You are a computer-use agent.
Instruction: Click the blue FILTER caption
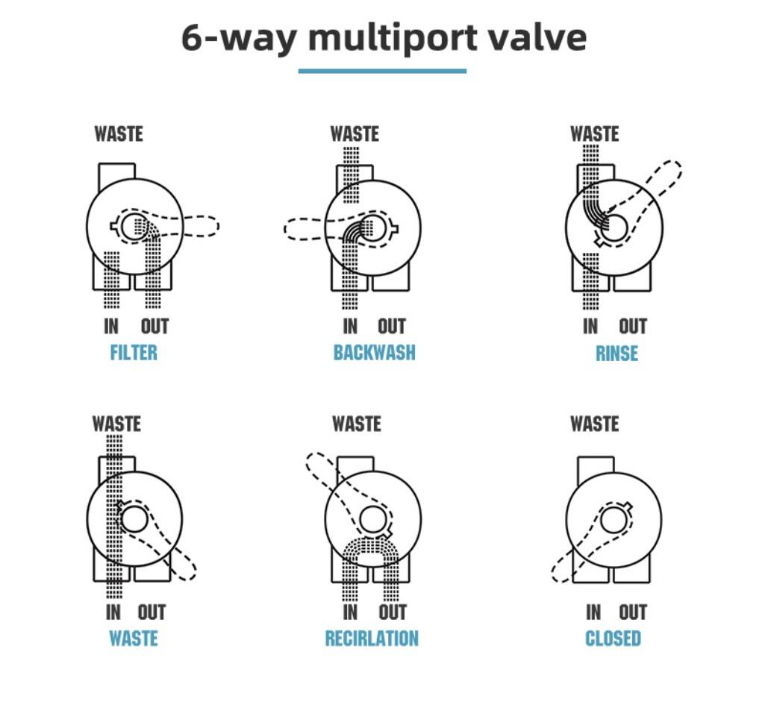tap(134, 353)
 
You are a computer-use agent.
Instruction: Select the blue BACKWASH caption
tap(374, 353)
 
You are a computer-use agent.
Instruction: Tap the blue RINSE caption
tap(616, 354)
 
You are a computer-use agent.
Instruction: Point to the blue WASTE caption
tap(133, 638)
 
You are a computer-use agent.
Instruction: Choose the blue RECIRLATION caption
tap(372, 638)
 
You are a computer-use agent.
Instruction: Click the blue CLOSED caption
tap(613, 638)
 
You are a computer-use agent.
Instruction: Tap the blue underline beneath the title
tap(382, 71)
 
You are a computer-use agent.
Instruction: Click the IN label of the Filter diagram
tap(111, 326)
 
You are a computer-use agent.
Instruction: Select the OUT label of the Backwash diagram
tap(392, 326)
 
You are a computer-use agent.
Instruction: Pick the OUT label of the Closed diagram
tap(633, 612)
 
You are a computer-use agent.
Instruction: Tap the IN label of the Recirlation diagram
tap(350, 612)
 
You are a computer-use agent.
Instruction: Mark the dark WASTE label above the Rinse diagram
tap(595, 134)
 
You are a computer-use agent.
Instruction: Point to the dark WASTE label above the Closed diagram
tap(595, 424)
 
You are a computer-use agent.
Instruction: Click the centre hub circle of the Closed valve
tap(614, 520)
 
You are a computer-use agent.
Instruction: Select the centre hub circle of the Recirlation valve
tap(373, 520)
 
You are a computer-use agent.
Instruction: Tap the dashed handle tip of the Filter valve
tap(219, 226)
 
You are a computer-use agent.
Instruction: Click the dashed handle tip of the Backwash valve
tap(285, 229)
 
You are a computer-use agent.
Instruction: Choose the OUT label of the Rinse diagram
tap(633, 326)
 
